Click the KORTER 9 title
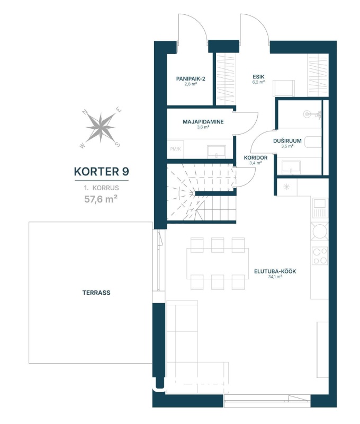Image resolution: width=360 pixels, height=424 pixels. (x=101, y=171)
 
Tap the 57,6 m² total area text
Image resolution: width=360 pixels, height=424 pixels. (x=101, y=199)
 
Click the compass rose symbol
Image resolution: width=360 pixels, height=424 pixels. (x=101, y=128)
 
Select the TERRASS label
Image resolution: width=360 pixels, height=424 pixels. (x=96, y=293)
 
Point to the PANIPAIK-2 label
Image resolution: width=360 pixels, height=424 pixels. (x=191, y=78)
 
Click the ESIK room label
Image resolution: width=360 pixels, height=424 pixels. (x=258, y=77)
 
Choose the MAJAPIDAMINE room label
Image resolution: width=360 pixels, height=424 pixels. (x=203, y=122)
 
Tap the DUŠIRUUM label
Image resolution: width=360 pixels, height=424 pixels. (x=287, y=141)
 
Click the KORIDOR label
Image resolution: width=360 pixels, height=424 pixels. (x=256, y=157)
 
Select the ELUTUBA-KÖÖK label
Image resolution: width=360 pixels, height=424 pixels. (x=275, y=271)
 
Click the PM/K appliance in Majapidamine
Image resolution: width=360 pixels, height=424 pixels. (x=176, y=149)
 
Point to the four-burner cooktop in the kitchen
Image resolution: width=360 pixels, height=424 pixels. (x=320, y=256)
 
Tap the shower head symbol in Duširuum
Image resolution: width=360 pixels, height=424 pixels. (x=312, y=114)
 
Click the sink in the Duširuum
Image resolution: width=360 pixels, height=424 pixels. (x=291, y=167)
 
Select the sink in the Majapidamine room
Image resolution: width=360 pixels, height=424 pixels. (x=217, y=152)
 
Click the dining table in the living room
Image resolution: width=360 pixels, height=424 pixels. (x=218, y=263)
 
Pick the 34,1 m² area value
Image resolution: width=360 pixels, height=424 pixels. (x=275, y=277)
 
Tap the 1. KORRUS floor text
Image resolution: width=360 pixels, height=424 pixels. (x=101, y=188)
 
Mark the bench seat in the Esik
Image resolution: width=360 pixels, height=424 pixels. (x=283, y=88)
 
